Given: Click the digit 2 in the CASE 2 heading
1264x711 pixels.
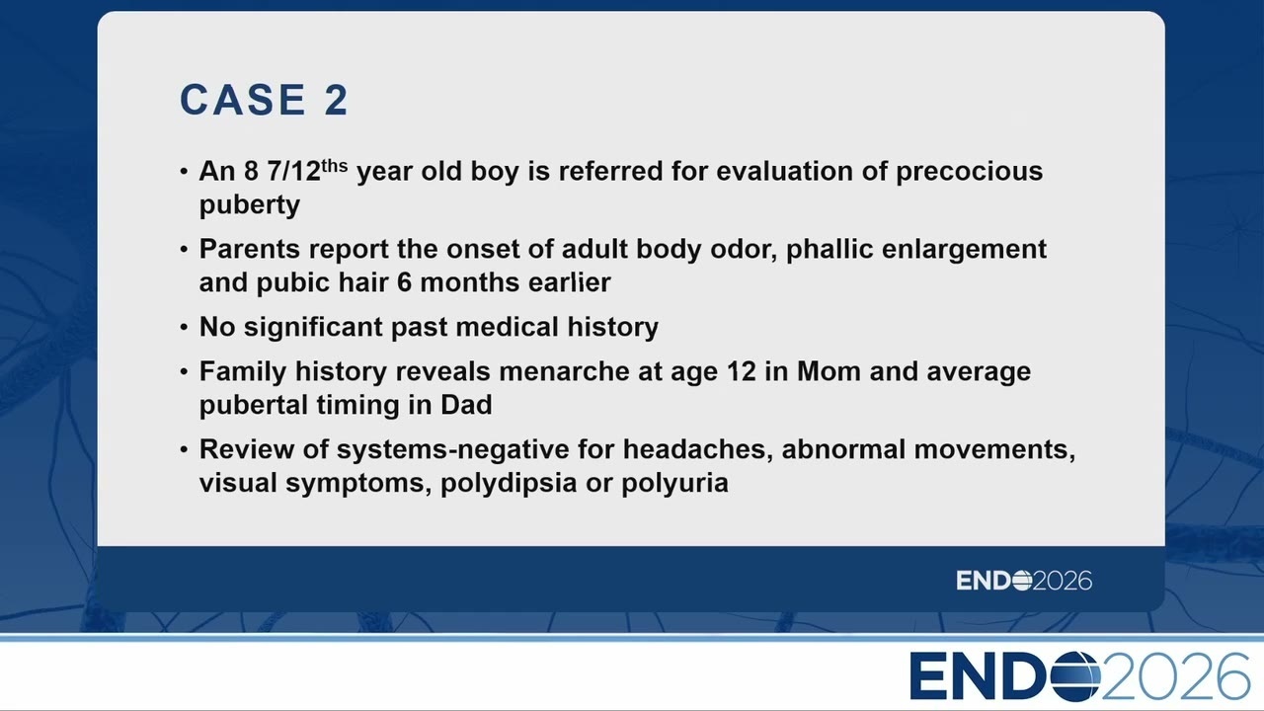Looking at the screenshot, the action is pos(337,100).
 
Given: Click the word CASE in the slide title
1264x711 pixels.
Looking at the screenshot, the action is pos(243,100).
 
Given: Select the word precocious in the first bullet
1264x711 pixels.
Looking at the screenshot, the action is pos(969,172).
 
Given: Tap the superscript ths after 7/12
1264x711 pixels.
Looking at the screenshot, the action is pos(334,165).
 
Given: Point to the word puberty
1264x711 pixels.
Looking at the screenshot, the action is pos(250,204).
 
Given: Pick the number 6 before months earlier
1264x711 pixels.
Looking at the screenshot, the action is pos(404,282).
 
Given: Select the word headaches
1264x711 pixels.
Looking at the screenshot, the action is pos(697,449).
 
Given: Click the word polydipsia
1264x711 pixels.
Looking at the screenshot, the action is pos(509,484).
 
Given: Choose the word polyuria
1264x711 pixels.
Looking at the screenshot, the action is pos(674,484).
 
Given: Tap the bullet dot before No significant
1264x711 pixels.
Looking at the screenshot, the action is pos(184,327).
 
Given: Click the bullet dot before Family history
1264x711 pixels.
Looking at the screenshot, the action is pos(184,372).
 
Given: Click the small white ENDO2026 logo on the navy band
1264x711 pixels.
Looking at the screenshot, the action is pos(1024,581).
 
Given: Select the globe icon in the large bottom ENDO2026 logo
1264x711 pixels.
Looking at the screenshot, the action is pos(1075,676).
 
